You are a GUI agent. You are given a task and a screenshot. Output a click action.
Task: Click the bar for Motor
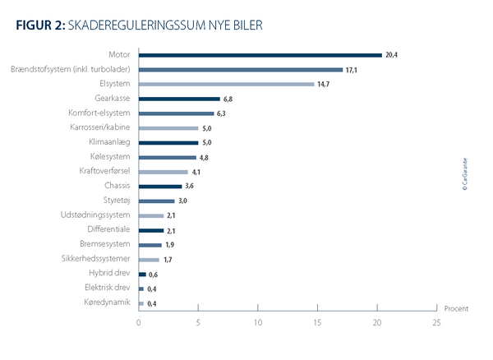tap(260, 55)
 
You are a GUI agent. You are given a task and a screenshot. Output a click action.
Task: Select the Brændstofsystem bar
tap(241, 69)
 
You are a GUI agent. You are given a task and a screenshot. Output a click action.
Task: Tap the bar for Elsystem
tap(226, 84)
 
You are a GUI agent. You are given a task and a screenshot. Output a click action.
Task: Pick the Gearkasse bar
tap(179, 99)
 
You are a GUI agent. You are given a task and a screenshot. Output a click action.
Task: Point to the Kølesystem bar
tap(168, 157)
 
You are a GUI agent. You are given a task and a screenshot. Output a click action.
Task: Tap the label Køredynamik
tap(108, 303)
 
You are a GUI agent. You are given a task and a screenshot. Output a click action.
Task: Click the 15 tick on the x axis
tap(318, 322)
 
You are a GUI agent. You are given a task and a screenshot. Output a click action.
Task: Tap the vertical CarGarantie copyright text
tap(464, 173)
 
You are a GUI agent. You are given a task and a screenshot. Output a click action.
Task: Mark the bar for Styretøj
tap(157, 201)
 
